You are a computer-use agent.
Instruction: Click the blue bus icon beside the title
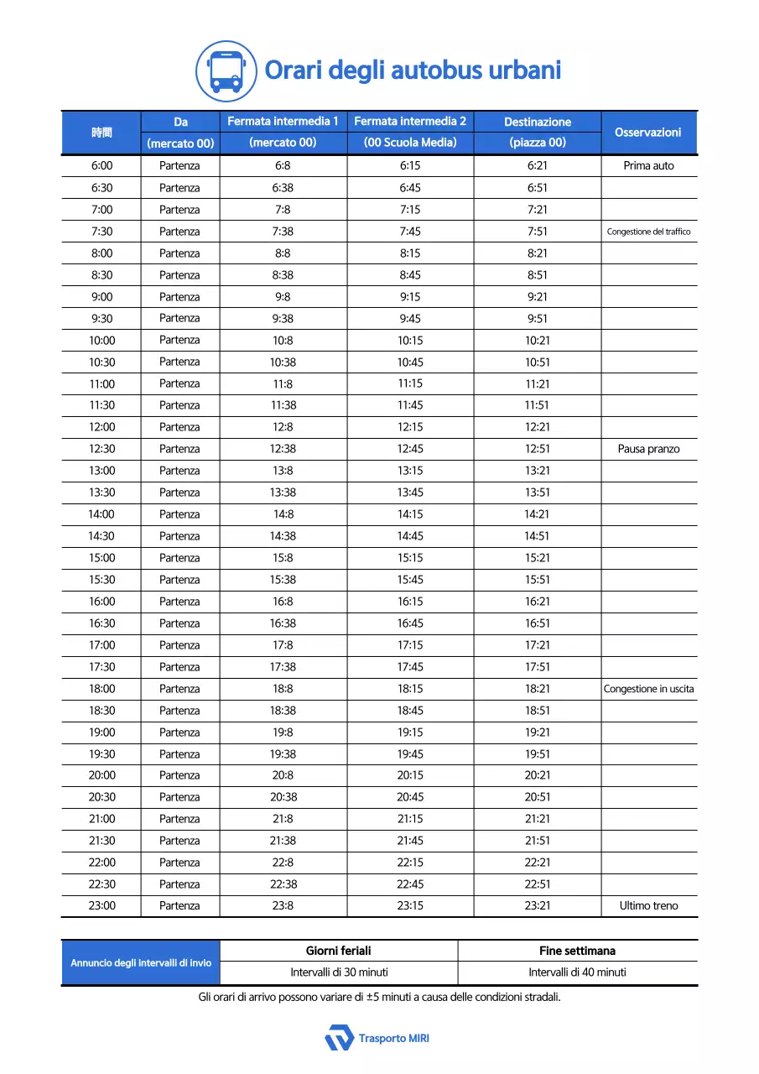[x=226, y=71]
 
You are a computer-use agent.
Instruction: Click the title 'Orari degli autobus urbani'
[x=413, y=70]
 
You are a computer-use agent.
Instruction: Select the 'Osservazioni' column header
[x=648, y=133]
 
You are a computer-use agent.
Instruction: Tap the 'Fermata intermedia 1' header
[x=283, y=122]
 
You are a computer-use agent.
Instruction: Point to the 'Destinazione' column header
[x=538, y=123]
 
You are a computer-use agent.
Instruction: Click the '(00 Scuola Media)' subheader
[x=410, y=143]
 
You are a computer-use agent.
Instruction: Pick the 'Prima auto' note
[x=648, y=166]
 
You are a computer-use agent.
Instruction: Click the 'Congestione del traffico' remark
[x=648, y=232]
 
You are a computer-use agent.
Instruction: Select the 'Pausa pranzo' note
[x=648, y=449]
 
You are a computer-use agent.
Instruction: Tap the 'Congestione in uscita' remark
[x=648, y=689]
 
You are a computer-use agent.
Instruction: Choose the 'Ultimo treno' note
[x=648, y=906]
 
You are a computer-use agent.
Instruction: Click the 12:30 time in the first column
[x=101, y=449]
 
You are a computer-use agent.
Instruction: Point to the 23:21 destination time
[x=538, y=906]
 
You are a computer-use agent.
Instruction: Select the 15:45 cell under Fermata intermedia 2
[x=410, y=580]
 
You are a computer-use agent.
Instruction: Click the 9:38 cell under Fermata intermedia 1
[x=283, y=319]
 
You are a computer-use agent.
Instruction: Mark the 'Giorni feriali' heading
[x=339, y=951]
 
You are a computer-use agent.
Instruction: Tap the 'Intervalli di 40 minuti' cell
[x=577, y=972]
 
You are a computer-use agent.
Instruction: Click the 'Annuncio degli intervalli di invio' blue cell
[x=141, y=962]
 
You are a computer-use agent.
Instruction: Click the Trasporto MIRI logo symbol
[x=340, y=1038]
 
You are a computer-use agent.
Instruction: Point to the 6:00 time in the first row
[x=101, y=166]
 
